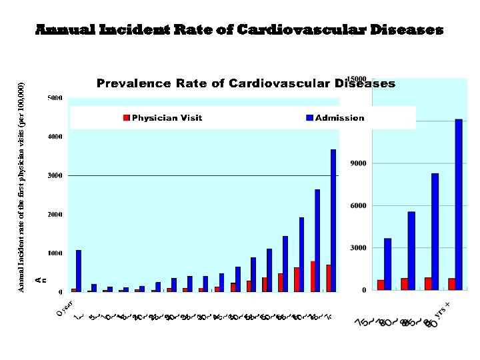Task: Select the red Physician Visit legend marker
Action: click(x=126, y=118)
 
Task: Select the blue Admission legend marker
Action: click(x=309, y=118)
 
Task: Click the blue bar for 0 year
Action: click(x=79, y=271)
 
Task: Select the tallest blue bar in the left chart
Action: click(x=333, y=220)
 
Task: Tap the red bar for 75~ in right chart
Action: click(x=381, y=285)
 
